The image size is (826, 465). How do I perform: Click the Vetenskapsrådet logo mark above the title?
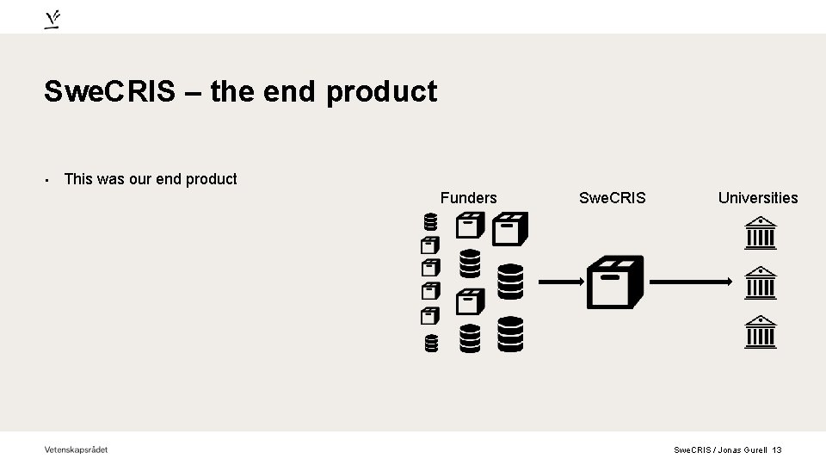click(52, 19)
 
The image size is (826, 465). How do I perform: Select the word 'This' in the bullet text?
click(77, 179)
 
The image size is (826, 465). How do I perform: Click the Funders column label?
click(468, 198)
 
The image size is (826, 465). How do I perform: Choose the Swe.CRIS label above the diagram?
click(612, 198)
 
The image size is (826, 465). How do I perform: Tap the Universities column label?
click(758, 198)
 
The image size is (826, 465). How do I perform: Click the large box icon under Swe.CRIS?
click(614, 282)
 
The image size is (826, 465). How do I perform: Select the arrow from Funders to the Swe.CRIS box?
click(561, 282)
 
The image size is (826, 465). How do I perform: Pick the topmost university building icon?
click(760, 232)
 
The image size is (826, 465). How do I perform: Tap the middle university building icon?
click(760, 282)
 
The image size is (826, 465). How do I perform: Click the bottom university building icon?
click(760, 332)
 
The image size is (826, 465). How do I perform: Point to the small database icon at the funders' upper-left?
click(431, 223)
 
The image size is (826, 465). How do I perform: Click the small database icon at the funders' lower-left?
click(431, 344)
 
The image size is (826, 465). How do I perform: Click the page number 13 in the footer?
click(777, 449)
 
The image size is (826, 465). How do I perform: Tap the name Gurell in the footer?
click(754, 449)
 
